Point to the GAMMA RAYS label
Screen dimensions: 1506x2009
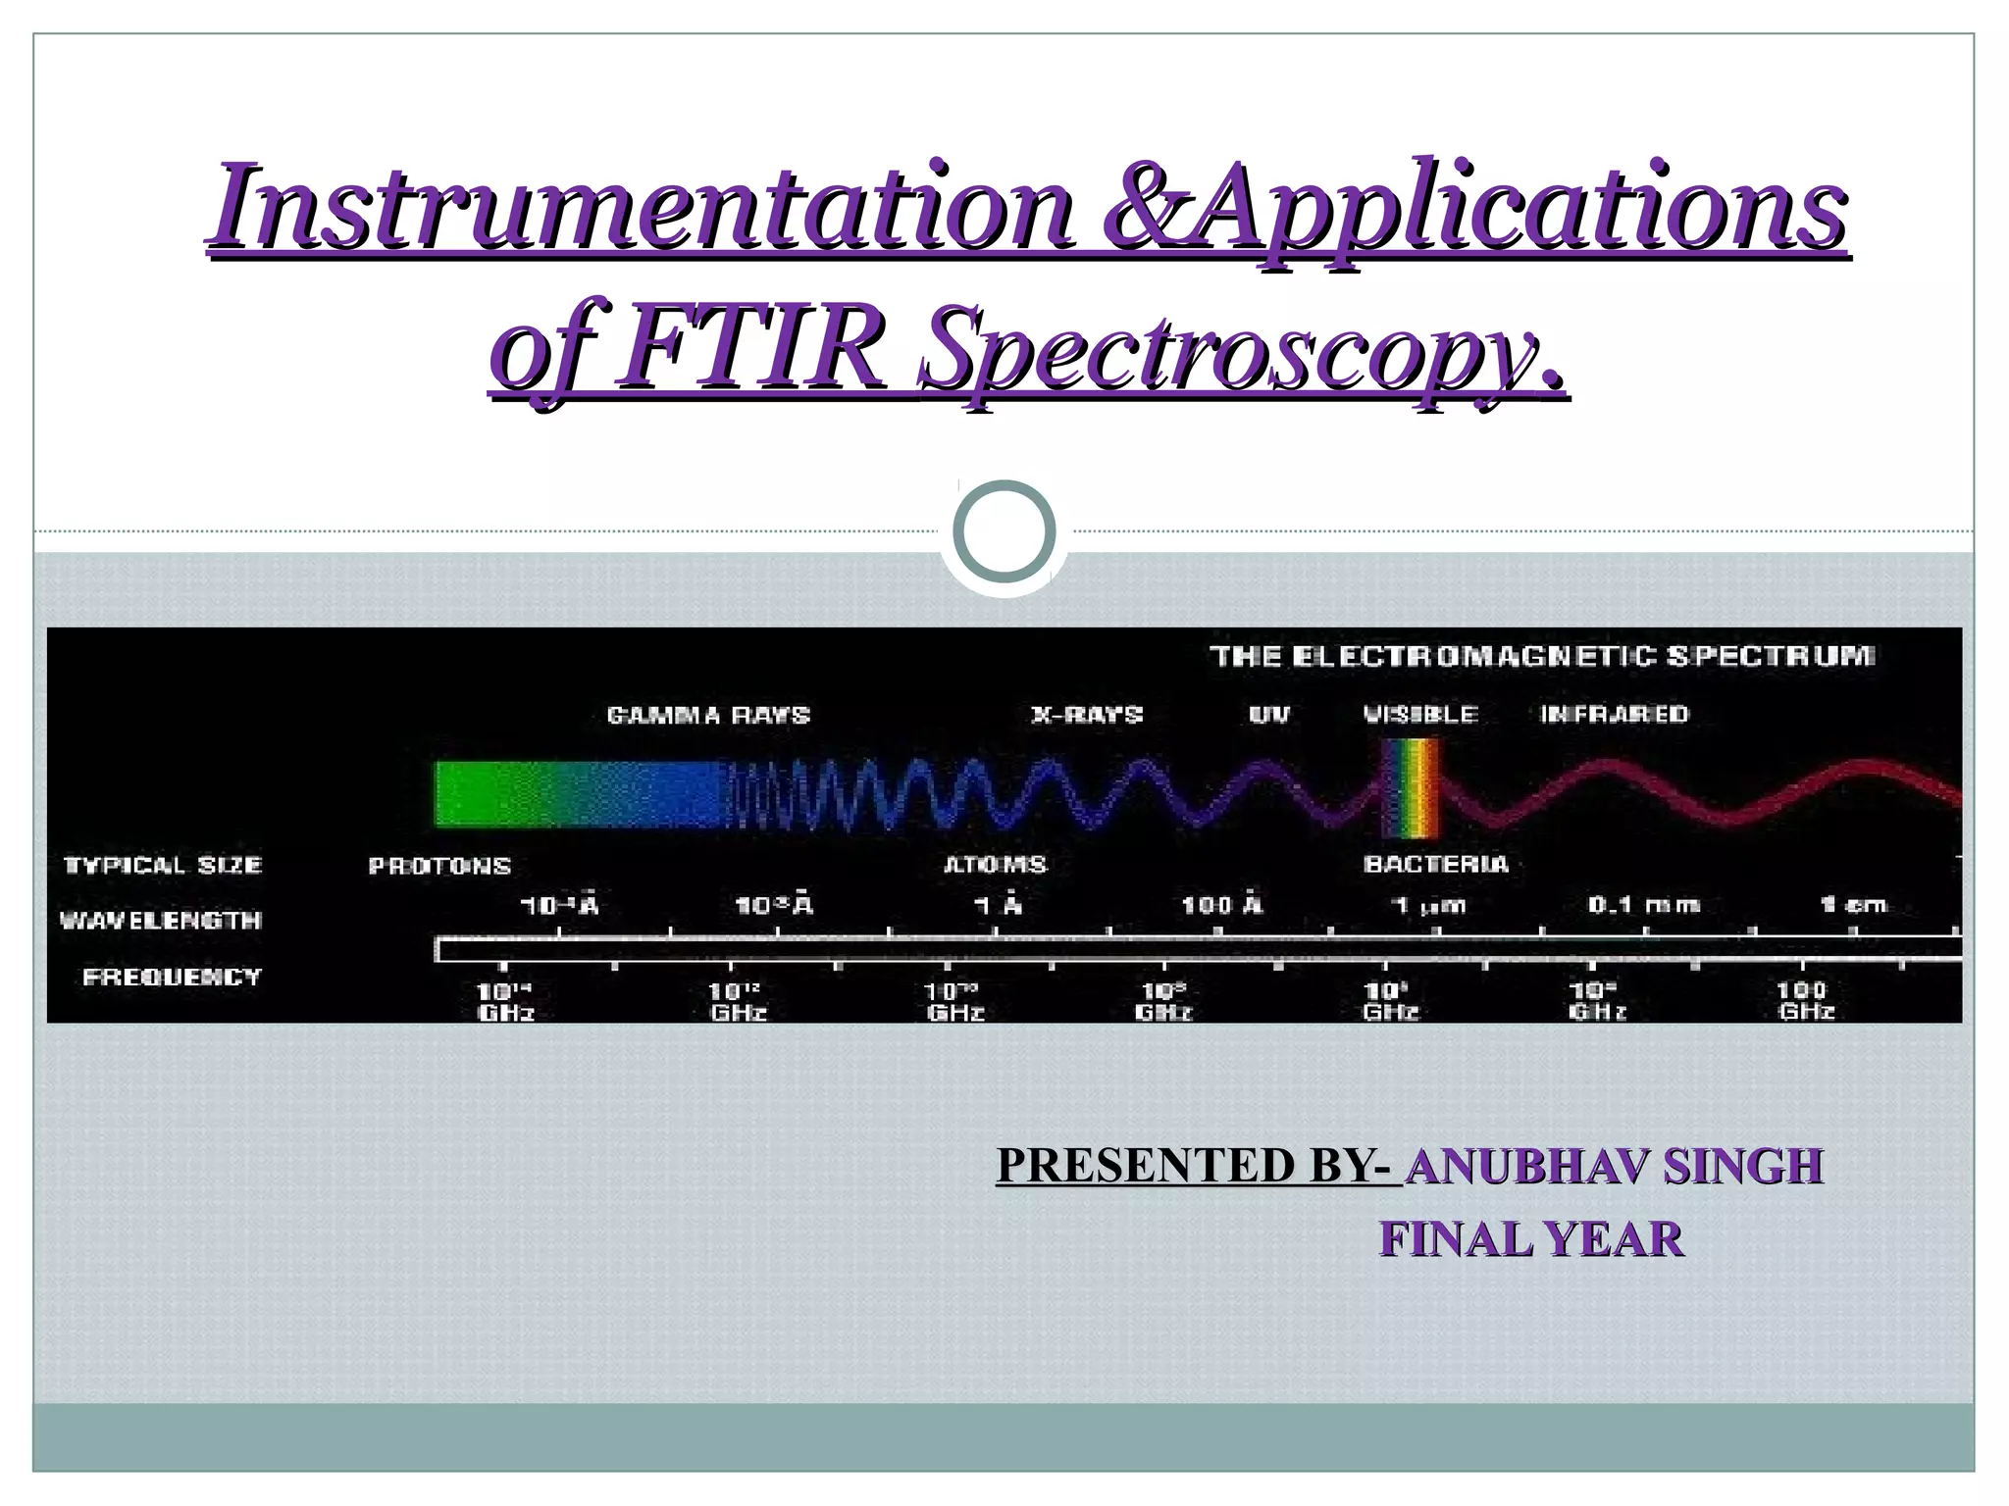708,715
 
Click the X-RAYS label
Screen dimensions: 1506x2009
1087,715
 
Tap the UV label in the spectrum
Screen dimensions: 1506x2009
1269,715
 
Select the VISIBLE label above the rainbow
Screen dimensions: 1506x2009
1420,715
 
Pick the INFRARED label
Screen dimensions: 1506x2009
1615,715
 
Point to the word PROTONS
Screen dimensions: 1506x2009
439,867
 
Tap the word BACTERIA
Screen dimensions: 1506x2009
1435,864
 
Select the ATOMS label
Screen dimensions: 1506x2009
995,865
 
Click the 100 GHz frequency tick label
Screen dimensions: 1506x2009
1806,1000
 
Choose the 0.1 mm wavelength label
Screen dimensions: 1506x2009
1644,905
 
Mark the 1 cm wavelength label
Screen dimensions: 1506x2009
1853,905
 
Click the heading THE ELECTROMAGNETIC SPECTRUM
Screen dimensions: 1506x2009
1541,656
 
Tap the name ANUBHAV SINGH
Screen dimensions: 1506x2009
1614,1166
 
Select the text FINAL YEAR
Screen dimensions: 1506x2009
1531,1239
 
